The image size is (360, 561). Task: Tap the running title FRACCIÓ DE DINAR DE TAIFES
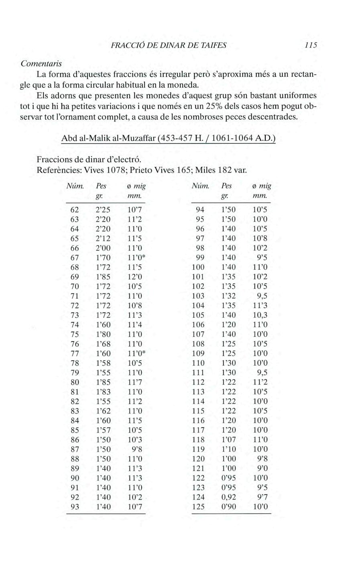click(x=169, y=45)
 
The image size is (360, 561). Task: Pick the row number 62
click(x=75, y=210)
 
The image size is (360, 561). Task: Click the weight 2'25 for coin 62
click(x=103, y=210)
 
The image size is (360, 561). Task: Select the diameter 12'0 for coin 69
click(x=134, y=277)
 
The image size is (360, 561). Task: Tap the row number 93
click(x=75, y=507)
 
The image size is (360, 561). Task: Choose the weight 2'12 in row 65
click(x=103, y=239)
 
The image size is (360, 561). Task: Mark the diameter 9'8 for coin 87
click(x=137, y=449)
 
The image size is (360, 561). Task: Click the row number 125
click(x=198, y=507)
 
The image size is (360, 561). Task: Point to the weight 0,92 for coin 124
click(x=229, y=497)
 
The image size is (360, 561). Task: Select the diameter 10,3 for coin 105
click(x=260, y=315)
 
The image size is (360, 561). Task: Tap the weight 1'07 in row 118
click(x=229, y=440)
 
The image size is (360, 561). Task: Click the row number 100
click(x=198, y=267)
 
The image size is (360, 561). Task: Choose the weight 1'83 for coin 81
click(x=103, y=392)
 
